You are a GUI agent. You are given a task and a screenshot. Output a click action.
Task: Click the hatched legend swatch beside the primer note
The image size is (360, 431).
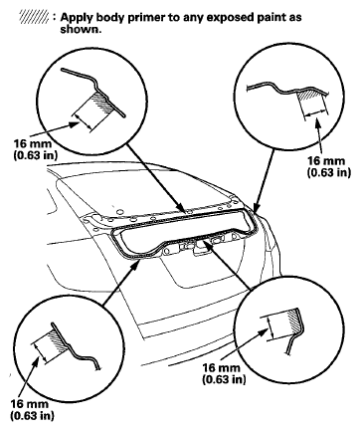pos(34,17)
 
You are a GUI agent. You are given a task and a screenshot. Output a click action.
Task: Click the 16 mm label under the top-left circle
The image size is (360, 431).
pos(33,143)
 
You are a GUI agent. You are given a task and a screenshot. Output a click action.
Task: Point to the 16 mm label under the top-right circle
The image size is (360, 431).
pos(327,161)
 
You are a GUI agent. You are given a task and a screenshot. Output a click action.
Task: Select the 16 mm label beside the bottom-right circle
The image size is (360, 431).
pos(221,367)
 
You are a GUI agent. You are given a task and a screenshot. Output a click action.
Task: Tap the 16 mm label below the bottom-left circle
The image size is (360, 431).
pos(30,404)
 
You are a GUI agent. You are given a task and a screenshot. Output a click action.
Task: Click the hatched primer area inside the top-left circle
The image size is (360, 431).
pos(102,103)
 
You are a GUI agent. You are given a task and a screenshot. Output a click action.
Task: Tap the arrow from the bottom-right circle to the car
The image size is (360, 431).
pos(228,265)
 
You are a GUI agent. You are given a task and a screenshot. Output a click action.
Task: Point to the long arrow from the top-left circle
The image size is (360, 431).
pos(156,178)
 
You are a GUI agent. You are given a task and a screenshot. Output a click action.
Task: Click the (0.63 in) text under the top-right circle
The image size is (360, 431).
pos(329,172)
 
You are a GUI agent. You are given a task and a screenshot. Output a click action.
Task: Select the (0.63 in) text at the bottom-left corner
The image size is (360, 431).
pos(32,415)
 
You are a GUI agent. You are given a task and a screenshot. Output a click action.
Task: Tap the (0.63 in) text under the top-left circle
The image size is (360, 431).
pos(36,155)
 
